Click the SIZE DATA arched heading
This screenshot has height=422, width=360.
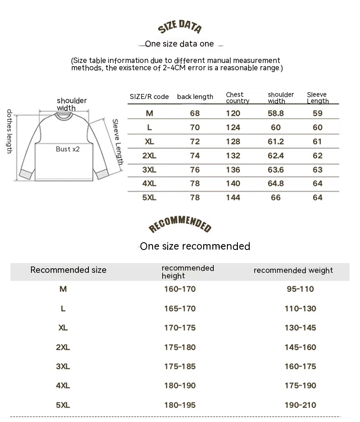coord(180,27)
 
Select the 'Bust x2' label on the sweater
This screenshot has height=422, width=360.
coord(67,149)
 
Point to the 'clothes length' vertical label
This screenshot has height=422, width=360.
coord(9,131)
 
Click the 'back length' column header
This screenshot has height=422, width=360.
coord(195,97)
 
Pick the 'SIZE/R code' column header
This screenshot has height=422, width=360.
coord(149,97)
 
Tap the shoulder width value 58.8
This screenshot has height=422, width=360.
coord(276,114)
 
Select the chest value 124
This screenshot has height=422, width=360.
coord(233,127)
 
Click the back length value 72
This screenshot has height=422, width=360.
coord(195,141)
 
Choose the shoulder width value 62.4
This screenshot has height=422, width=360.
coord(276,156)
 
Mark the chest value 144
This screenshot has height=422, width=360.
coord(233,198)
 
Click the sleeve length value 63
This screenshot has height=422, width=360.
coord(318,170)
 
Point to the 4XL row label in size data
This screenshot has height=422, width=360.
coord(149,183)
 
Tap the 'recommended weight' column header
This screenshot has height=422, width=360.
coord(293,271)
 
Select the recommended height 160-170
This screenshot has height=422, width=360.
coord(180,289)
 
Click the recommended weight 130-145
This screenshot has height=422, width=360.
coord(300,328)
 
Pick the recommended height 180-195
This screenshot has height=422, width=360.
coord(180,405)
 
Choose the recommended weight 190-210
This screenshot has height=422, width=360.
coord(300,405)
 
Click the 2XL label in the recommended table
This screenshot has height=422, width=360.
coord(63,347)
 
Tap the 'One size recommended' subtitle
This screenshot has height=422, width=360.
coord(195,246)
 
